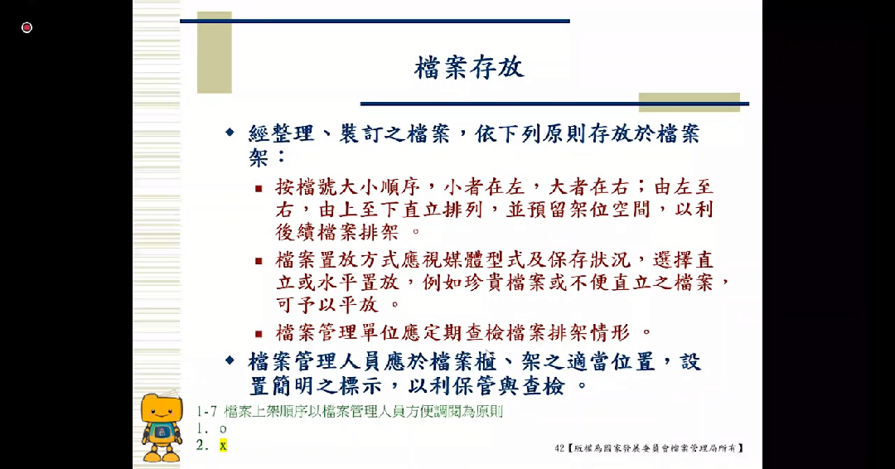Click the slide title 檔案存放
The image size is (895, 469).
point(469,67)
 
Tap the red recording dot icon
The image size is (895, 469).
point(27,27)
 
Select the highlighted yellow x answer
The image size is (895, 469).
point(222,446)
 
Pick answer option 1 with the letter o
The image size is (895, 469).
point(222,428)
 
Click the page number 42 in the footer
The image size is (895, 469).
point(560,448)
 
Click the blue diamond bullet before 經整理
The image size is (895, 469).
point(230,133)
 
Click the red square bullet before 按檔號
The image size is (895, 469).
point(259,188)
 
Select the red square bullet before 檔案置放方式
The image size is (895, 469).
point(259,261)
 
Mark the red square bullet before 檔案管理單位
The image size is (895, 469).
point(259,334)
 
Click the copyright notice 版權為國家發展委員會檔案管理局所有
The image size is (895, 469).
point(655,448)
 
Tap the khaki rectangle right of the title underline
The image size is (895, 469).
point(705,102)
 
